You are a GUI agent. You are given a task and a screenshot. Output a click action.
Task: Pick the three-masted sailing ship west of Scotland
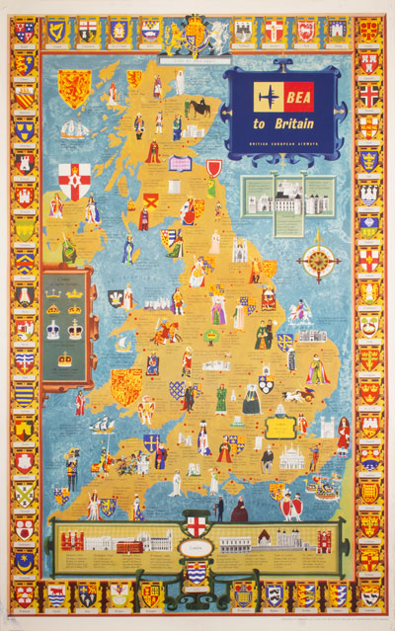pyautogui.click(x=74, y=129)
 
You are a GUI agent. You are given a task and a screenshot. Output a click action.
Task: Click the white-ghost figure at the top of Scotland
pyautogui.click(x=179, y=82)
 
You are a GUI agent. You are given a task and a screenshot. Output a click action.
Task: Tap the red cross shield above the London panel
pyautogui.click(x=197, y=524)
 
